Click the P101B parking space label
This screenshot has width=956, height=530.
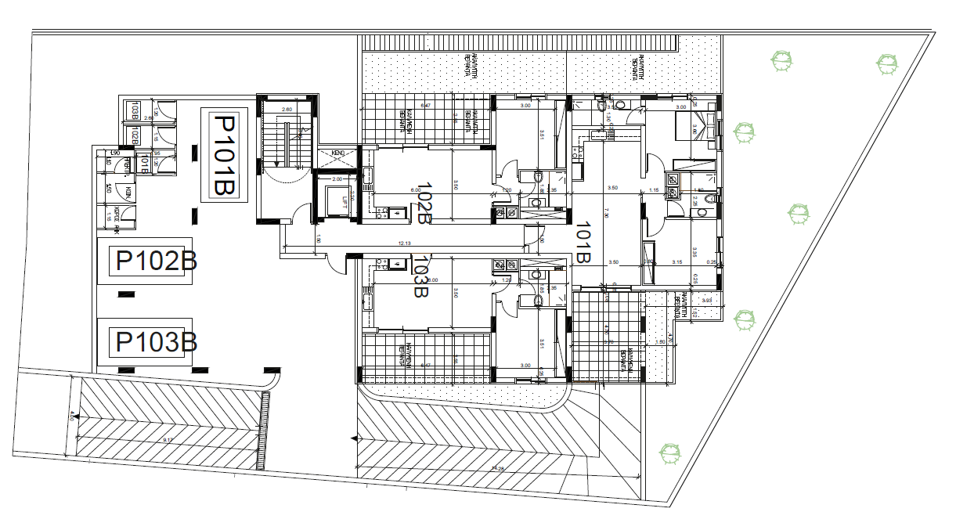click(225, 156)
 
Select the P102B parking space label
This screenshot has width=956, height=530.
click(156, 261)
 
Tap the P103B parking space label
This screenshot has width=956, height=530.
click(156, 342)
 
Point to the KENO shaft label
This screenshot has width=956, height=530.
click(338, 153)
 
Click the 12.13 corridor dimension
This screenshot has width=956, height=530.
click(404, 243)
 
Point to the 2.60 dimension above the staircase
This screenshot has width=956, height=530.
click(287, 110)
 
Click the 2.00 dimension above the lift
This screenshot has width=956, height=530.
click(337, 179)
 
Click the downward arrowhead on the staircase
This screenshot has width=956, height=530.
click(276, 165)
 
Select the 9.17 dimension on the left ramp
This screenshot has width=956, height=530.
click(168, 441)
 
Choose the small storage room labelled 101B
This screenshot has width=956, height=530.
click(144, 163)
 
